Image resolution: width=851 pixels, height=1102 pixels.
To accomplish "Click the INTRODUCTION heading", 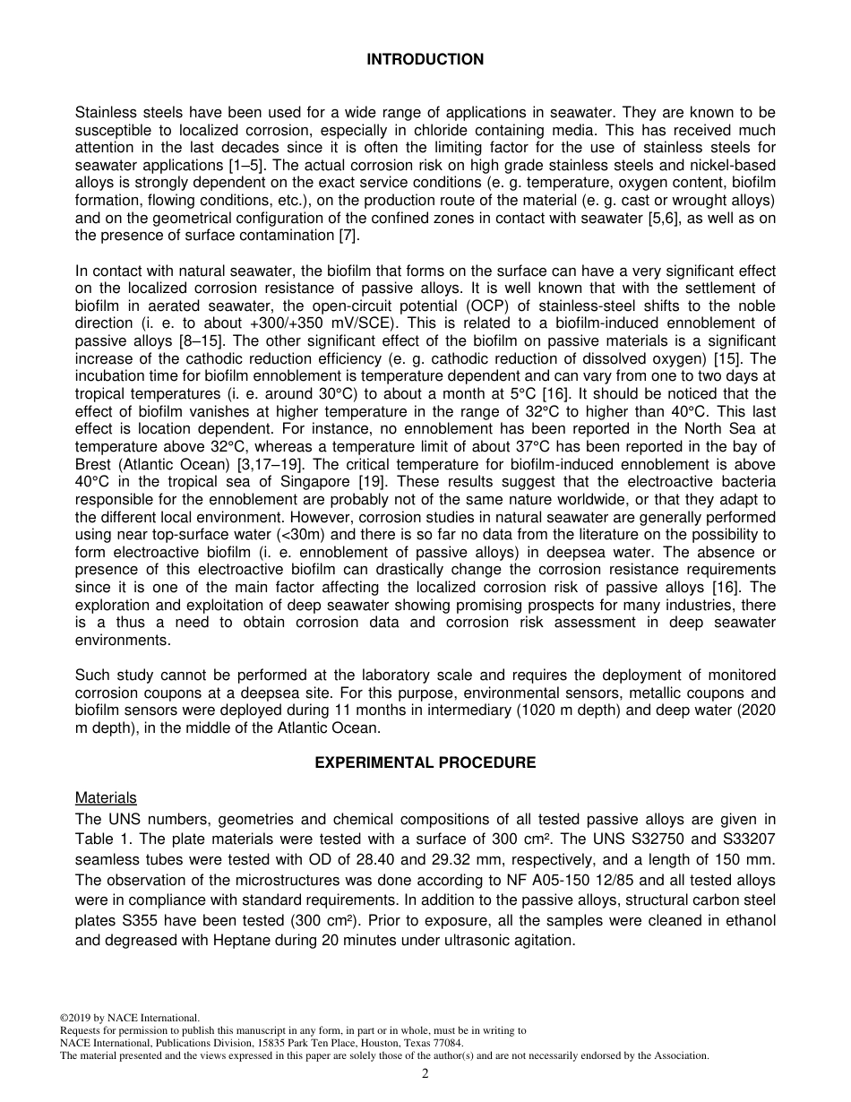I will [425, 60].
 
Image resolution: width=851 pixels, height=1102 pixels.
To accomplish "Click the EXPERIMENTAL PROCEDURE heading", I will [425, 763].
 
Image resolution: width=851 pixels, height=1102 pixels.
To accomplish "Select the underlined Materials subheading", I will [106, 797].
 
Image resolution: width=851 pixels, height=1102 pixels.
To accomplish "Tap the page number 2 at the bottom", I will [425, 1074].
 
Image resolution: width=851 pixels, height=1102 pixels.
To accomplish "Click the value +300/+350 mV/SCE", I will [329, 323].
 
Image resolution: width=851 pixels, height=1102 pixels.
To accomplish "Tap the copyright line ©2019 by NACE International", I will [129, 1018].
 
